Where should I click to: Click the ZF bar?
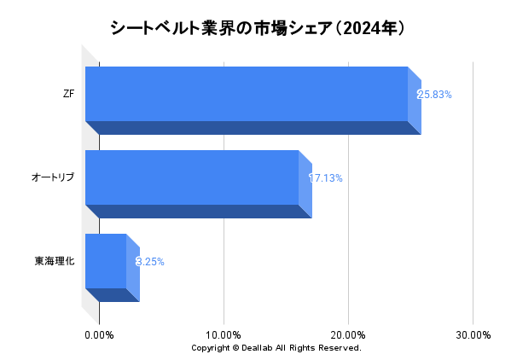[x=247, y=93]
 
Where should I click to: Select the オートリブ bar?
[x=192, y=177]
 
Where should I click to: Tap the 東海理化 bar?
[x=106, y=261]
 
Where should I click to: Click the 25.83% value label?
[x=434, y=94]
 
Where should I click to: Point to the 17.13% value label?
[x=325, y=178]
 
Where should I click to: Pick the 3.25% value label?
[x=150, y=262]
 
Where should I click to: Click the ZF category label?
[x=68, y=93]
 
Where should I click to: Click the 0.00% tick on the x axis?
[x=100, y=335]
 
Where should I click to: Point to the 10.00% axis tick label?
[x=224, y=335]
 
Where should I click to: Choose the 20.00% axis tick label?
[x=348, y=335]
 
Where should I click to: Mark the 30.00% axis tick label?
[x=473, y=335]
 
